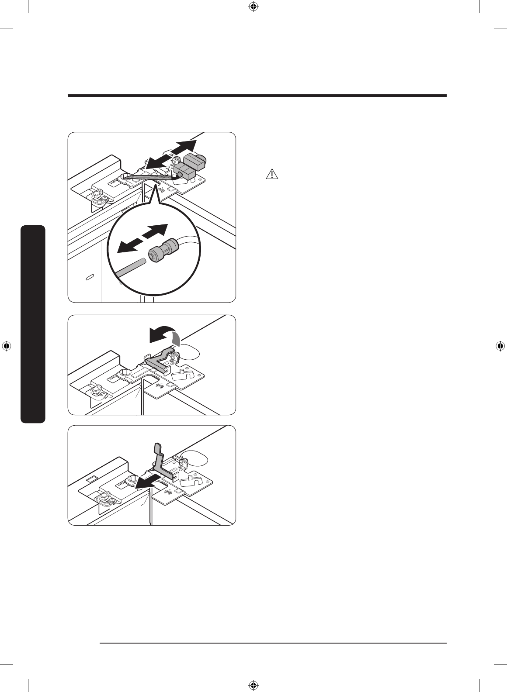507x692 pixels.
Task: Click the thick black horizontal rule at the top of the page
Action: tap(257, 96)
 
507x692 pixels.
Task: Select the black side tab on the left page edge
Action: tap(33, 324)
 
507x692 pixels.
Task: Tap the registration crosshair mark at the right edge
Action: tap(500, 346)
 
